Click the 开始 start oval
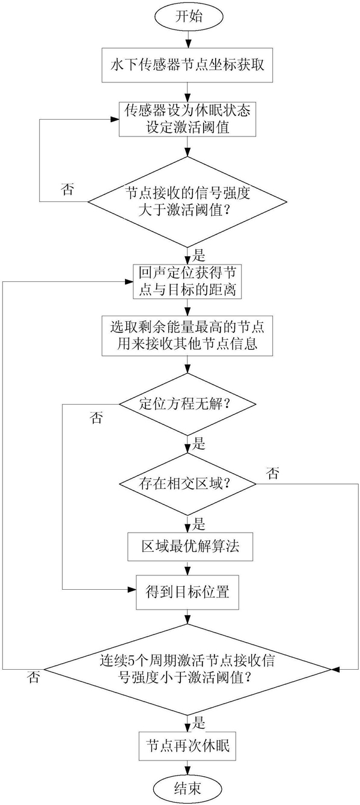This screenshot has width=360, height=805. tap(189, 17)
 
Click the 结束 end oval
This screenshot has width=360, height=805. tap(187, 789)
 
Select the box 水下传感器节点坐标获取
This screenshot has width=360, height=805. tap(187, 65)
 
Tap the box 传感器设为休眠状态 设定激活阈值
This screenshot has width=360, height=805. tap(187, 119)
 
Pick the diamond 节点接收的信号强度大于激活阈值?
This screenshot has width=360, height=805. tap(187, 202)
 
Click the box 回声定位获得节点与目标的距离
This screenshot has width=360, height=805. tap(187, 282)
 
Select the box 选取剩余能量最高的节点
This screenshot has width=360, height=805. tap(187, 336)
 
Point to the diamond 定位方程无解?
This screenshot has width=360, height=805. tap(187, 404)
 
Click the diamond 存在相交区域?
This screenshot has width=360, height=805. tap(187, 484)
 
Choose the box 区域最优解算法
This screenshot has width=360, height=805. tap(190, 547)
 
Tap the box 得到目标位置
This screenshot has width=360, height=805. tap(187, 592)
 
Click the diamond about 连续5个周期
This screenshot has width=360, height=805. tap(187, 669)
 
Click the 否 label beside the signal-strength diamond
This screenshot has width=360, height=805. tap(68, 189)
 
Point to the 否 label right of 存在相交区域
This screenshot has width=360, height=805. tap(273, 473)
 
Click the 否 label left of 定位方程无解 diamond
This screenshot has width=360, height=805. tap(96, 418)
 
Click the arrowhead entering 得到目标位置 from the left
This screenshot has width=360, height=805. tap(132, 589)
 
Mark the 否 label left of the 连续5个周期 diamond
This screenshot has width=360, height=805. tap(34, 678)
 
